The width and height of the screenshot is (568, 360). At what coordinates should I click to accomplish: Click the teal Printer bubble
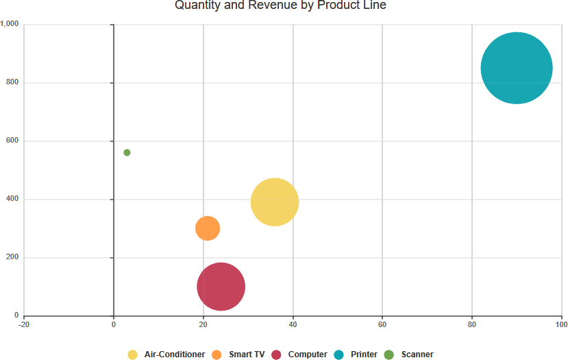click(517, 68)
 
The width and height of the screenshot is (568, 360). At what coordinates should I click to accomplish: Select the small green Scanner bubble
click(127, 152)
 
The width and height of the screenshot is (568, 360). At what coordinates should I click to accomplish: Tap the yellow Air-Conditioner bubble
click(275, 202)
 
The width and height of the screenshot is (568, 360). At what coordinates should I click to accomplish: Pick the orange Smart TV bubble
click(208, 228)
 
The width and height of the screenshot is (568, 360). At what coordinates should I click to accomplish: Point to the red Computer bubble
click(221, 287)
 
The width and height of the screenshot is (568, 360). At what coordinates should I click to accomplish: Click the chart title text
click(280, 6)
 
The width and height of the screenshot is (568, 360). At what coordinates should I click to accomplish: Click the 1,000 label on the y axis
click(10, 25)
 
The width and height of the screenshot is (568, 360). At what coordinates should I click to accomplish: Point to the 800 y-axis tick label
click(12, 83)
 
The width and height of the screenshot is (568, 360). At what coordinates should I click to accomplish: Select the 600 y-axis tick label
click(12, 141)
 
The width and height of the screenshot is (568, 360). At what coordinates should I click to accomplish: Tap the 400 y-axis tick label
click(12, 200)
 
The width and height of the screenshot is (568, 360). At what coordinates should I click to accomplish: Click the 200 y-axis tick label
click(12, 258)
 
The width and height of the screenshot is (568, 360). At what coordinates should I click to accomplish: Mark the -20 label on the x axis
click(24, 324)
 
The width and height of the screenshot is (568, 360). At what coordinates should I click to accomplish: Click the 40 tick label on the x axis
click(293, 324)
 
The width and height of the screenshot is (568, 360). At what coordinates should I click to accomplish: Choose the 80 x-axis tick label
click(472, 324)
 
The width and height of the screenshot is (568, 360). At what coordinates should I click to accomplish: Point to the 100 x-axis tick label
click(561, 324)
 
